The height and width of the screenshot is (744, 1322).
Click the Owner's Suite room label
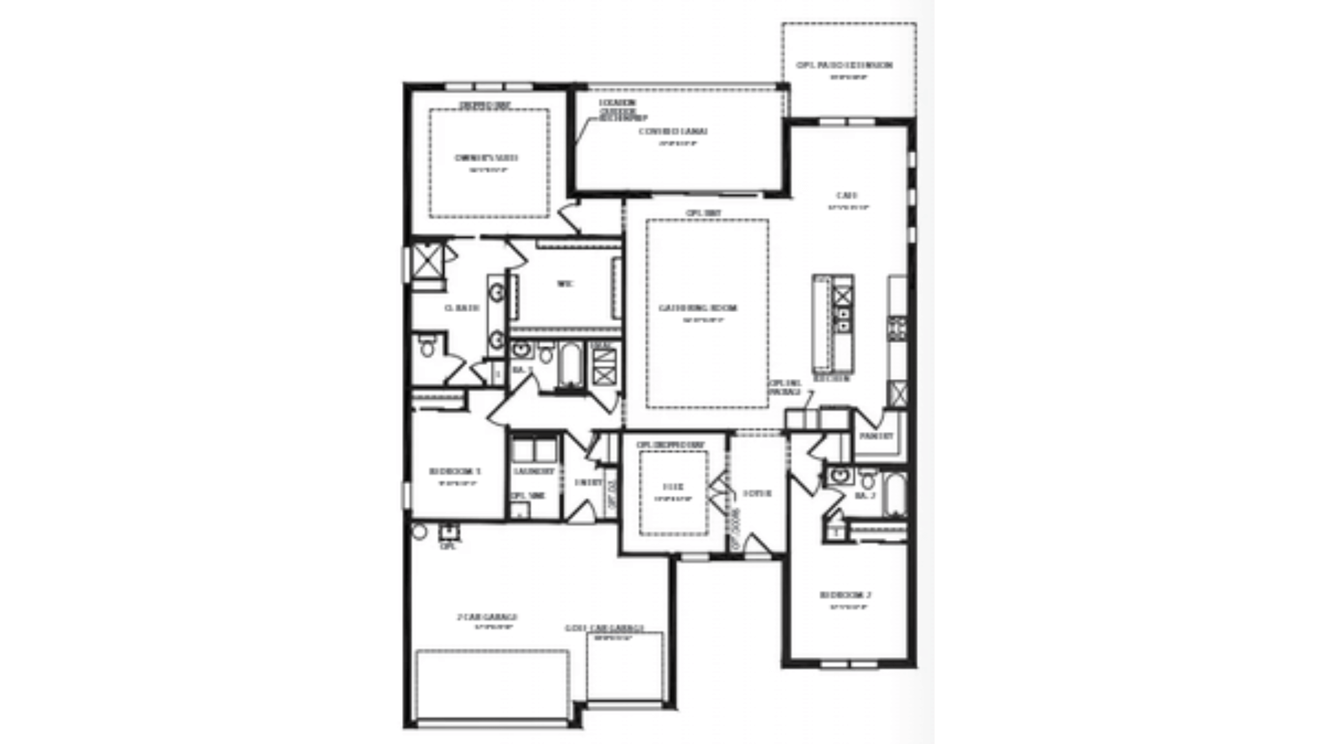486,158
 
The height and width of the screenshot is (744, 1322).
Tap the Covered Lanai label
673,132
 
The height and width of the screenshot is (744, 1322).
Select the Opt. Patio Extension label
844,65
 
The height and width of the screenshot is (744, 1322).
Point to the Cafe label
846,196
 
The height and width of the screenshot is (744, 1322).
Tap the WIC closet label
565,284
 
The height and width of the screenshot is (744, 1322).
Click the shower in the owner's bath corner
427,259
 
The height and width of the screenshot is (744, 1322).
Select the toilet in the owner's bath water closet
427,347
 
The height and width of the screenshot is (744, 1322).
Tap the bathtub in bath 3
570,365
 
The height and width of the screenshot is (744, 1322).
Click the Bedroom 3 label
454,472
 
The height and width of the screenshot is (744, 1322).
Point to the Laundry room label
534,472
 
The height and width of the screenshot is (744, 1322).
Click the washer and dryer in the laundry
534,450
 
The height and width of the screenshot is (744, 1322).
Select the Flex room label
673,487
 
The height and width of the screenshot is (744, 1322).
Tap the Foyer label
757,494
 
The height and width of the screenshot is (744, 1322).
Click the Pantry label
877,437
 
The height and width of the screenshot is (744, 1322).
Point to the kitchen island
822,324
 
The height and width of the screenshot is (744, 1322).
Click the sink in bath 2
839,475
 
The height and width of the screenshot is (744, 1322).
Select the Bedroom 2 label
846,595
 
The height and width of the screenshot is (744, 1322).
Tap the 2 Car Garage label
487,617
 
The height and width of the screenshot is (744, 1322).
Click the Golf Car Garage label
604,628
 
